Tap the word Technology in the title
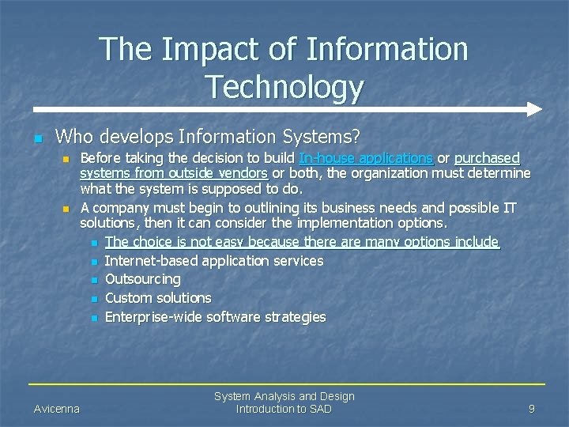tap(284, 87)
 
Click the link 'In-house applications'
tap(365, 158)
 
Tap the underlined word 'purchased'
tap(487, 158)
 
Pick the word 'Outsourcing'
tap(142, 279)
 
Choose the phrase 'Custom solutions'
tap(158, 298)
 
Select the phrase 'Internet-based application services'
tap(214, 260)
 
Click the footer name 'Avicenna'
tap(57, 409)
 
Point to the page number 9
tap(532, 409)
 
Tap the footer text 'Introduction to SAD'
tap(284, 409)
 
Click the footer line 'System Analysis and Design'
tap(284, 396)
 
